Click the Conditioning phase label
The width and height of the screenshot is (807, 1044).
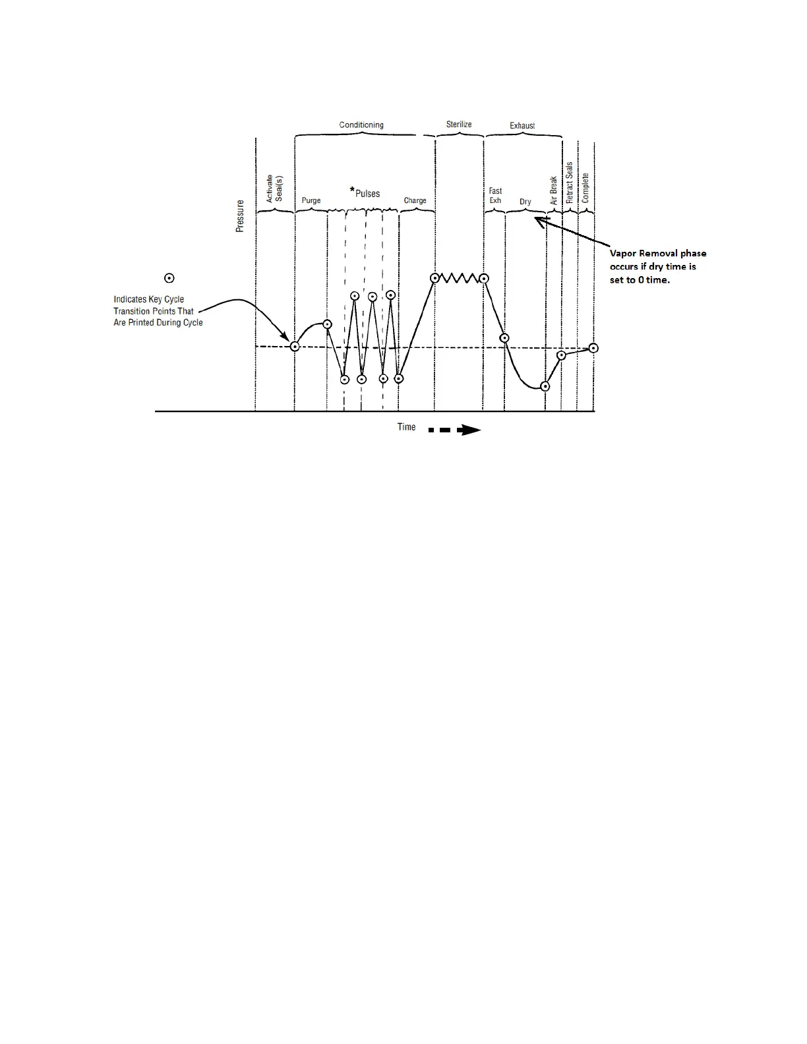(x=361, y=125)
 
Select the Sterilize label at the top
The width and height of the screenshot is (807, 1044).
(x=459, y=124)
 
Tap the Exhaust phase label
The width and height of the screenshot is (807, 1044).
(x=522, y=125)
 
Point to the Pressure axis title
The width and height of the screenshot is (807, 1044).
(x=240, y=216)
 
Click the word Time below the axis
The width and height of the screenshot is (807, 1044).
(x=406, y=427)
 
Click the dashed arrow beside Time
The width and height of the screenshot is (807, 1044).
(x=455, y=430)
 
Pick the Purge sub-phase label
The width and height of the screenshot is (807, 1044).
(x=311, y=200)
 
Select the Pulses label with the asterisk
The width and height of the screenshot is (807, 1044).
(x=365, y=192)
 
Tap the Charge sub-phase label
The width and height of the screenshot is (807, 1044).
(x=415, y=200)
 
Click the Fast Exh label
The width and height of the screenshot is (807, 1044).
(x=495, y=196)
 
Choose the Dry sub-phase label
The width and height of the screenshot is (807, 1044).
(x=525, y=202)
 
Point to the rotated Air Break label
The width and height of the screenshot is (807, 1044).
(x=554, y=189)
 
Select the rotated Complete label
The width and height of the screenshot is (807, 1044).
(x=585, y=188)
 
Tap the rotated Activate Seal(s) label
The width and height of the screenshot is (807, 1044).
(x=274, y=188)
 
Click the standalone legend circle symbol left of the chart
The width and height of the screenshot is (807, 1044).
(x=169, y=278)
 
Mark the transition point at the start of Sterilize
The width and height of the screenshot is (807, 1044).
(x=435, y=278)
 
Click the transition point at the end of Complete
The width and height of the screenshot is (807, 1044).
(x=593, y=348)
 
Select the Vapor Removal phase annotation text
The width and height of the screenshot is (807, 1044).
(x=657, y=266)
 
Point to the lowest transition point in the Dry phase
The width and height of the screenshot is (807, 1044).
(x=545, y=386)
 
